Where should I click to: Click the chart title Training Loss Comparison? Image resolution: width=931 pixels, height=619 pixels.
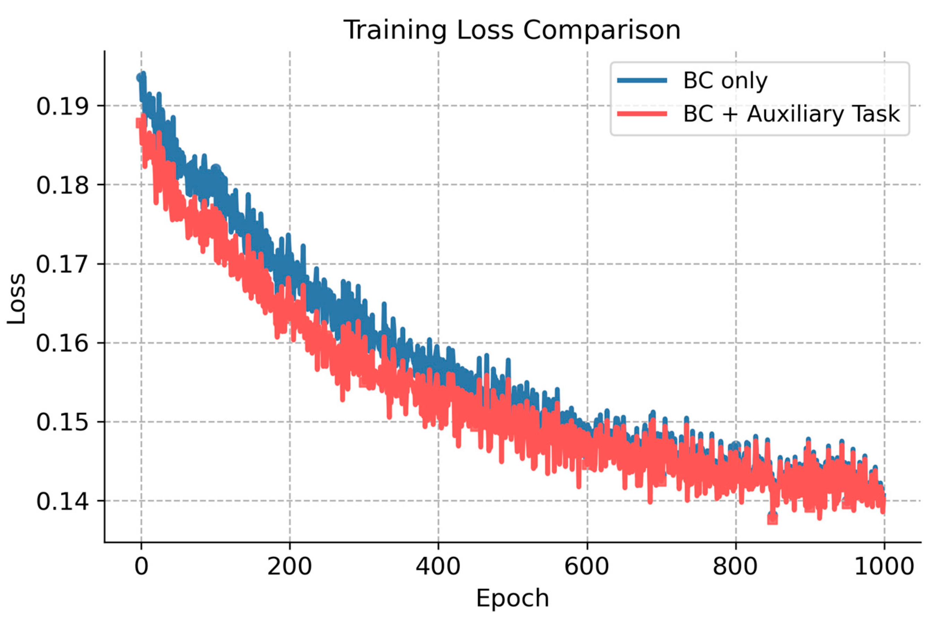[x=512, y=30]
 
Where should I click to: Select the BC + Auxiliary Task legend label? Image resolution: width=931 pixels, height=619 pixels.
[x=792, y=114]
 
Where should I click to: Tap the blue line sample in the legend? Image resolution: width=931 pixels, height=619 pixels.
[x=642, y=80]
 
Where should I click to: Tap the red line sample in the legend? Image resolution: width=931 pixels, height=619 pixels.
[x=642, y=114]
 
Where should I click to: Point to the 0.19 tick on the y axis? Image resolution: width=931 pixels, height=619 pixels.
[x=62, y=106]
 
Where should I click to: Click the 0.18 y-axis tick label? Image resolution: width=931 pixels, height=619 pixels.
[x=62, y=185]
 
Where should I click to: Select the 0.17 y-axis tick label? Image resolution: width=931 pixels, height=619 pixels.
[x=62, y=264]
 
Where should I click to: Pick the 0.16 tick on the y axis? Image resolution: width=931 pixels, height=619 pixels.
[x=62, y=343]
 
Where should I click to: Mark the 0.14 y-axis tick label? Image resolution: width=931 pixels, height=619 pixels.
[x=62, y=501]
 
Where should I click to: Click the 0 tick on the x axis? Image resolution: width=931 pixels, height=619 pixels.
[x=141, y=567]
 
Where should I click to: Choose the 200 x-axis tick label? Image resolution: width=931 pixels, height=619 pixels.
[x=289, y=567]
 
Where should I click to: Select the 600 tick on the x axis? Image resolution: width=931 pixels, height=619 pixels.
[x=587, y=567]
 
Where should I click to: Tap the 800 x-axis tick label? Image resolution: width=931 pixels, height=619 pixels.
[x=735, y=567]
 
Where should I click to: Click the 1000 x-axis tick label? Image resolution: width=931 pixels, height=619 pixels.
[x=884, y=567]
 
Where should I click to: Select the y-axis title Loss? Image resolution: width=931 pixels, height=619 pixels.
[x=17, y=299]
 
